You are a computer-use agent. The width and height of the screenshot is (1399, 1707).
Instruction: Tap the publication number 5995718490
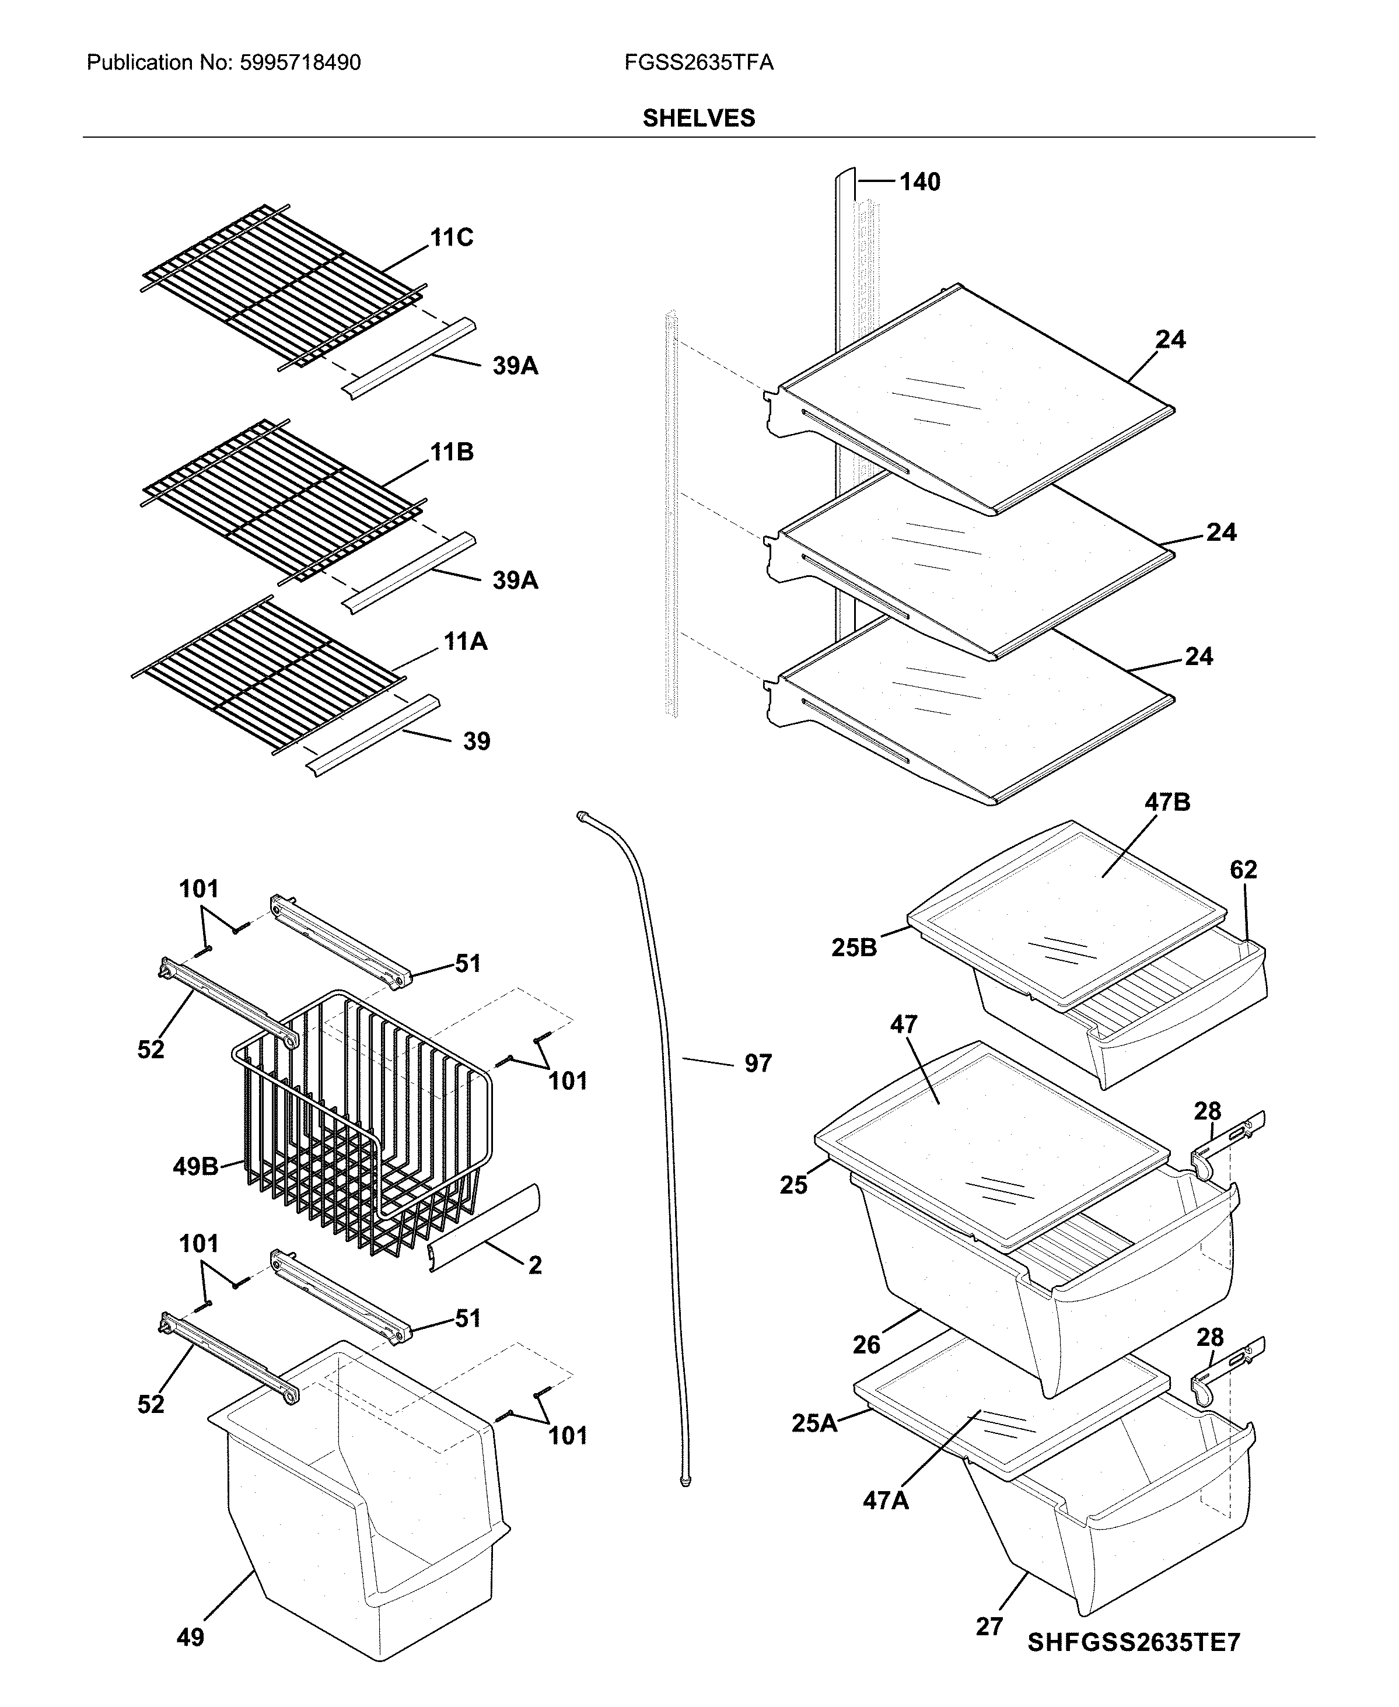(300, 63)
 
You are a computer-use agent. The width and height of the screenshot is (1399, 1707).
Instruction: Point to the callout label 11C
(452, 238)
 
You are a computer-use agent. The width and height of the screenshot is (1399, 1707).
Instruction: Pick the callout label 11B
(452, 452)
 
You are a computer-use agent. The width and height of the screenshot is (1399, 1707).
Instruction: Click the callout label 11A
(465, 642)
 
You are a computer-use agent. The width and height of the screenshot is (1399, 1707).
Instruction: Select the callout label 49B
(195, 1166)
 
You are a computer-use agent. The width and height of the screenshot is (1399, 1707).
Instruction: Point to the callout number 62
(1243, 870)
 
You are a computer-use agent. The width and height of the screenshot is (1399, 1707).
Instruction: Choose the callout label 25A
(814, 1423)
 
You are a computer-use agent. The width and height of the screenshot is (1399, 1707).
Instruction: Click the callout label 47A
(886, 1500)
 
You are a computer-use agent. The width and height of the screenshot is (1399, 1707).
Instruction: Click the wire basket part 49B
(363, 1128)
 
